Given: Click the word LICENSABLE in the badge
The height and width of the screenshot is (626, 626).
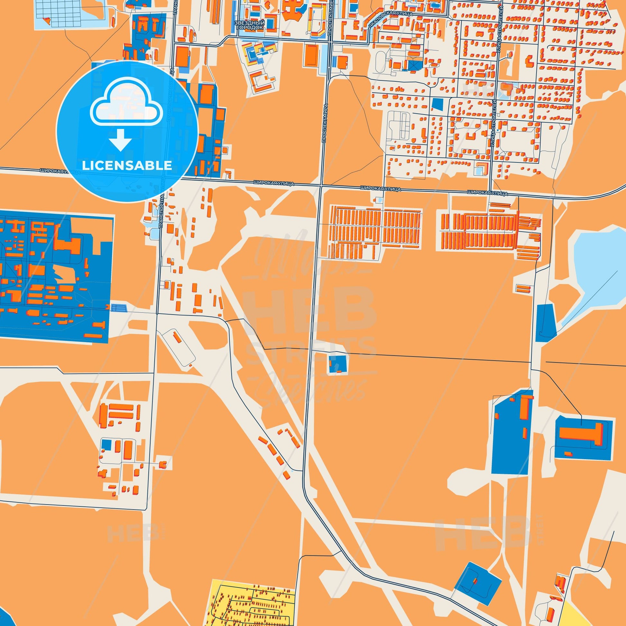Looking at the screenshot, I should pos(127,166).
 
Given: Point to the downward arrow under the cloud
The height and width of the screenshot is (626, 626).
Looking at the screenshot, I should pos(120,140).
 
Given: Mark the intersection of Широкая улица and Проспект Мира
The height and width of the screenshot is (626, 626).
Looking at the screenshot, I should pos(320,186).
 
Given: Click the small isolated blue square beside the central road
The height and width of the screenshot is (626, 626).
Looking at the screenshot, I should pos(337,364).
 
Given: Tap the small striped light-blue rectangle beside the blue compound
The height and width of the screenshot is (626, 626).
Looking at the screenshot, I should pos(119,308).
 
